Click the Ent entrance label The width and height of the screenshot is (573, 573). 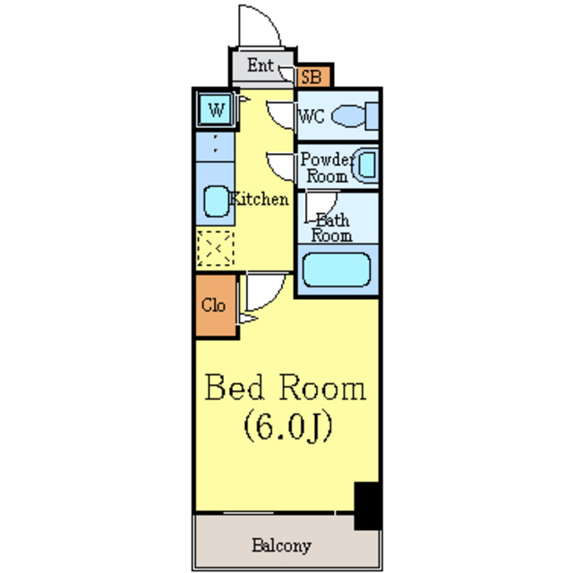[x=261, y=65]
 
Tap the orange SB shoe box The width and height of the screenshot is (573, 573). [x=313, y=77]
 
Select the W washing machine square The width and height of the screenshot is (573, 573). [x=216, y=109]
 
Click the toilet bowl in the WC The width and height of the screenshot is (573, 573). [x=348, y=115]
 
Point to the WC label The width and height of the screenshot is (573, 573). [x=312, y=116]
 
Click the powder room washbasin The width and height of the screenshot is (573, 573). [x=366, y=165]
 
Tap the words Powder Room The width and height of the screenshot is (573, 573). [x=326, y=167]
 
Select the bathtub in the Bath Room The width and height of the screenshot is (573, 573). [x=337, y=269]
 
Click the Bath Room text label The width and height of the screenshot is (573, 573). [x=332, y=227]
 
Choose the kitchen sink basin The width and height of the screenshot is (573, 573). [x=217, y=201]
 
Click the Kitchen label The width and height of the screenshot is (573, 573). [x=259, y=199]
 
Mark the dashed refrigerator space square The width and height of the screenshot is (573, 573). [x=215, y=248]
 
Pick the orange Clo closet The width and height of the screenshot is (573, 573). [x=216, y=305]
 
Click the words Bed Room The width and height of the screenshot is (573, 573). [x=286, y=388]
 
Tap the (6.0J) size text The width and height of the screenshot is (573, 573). [x=288, y=426]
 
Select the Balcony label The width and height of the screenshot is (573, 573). [x=281, y=545]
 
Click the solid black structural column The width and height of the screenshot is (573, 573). [x=368, y=505]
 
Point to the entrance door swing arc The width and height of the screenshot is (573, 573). [x=269, y=18]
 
